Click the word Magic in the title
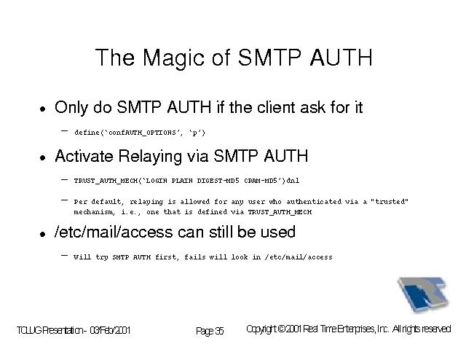[x=173, y=58]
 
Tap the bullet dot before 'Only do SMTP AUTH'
[x=43, y=109]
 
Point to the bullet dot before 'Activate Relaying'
[x=43, y=157]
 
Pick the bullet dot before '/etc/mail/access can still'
[x=43, y=234]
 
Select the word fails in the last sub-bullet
[x=194, y=257]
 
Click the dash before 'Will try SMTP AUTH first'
[x=64, y=256]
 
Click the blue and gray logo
[x=423, y=294]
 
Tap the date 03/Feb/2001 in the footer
[x=110, y=330]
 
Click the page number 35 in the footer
[x=219, y=331]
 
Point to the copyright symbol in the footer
[x=281, y=329]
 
